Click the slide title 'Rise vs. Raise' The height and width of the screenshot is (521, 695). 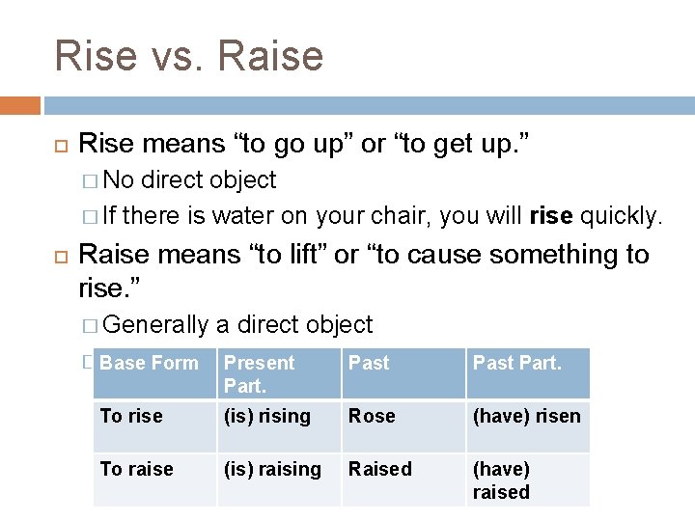(189, 55)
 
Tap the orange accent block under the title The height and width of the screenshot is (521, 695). (20, 105)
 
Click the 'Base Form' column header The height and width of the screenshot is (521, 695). (149, 364)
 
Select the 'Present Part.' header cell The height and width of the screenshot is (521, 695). (259, 373)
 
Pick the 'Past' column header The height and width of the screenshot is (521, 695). (369, 364)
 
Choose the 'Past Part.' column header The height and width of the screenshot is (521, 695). (515, 364)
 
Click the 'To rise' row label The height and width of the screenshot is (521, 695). (131, 416)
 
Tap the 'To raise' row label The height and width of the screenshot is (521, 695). (137, 470)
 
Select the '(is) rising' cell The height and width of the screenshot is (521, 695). (267, 416)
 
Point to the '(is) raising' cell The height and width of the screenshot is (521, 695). (272, 470)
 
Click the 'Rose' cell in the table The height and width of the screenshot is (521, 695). (372, 416)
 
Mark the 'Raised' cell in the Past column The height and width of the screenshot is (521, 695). (379, 470)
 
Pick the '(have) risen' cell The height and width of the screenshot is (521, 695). (526, 416)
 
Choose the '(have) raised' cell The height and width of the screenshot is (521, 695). (501, 480)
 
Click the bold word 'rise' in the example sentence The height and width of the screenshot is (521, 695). (551, 216)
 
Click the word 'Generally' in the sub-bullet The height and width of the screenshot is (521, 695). (154, 325)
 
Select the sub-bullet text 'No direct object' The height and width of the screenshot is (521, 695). (189, 180)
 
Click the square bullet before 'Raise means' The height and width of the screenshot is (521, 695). (57, 256)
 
